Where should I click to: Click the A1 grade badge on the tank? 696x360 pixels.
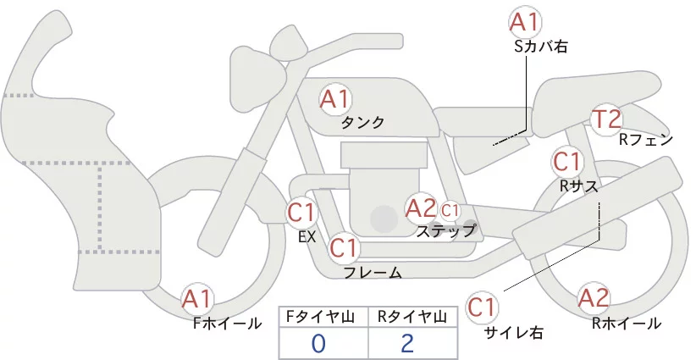point(334,99)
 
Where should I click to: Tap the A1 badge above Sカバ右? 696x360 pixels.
point(525,22)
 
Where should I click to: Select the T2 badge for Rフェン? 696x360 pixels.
point(607,120)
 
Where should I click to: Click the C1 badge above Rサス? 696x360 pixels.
point(566,161)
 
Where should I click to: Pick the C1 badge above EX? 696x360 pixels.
point(302,212)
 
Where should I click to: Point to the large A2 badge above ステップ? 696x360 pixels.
point(421,208)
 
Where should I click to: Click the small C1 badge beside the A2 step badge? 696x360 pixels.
point(450,209)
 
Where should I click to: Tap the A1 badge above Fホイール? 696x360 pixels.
point(197,299)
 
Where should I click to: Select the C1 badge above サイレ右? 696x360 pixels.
point(482,307)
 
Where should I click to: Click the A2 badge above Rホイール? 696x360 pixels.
point(594,298)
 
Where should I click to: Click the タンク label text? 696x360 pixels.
point(362,123)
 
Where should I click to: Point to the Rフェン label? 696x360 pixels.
point(646,140)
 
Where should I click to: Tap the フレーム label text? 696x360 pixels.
point(373,273)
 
